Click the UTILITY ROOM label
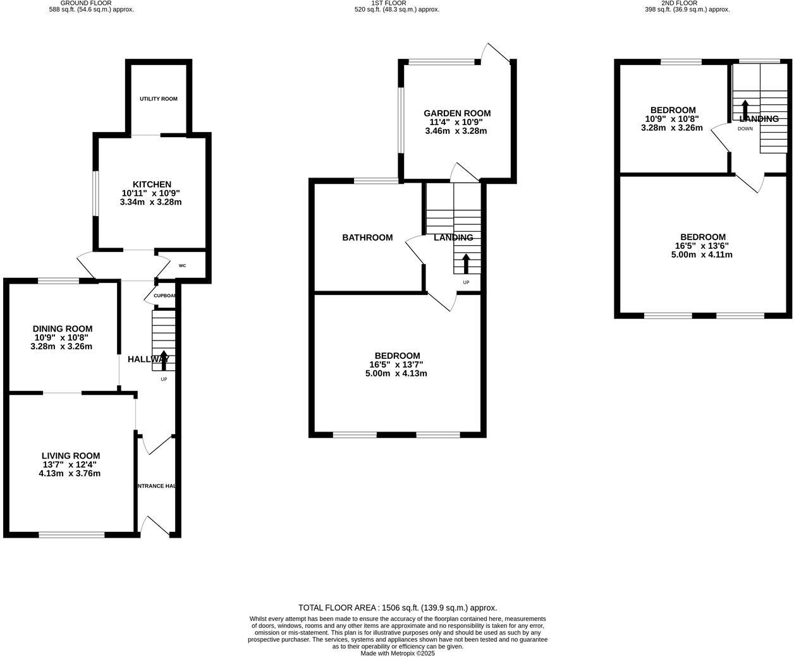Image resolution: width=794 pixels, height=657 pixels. pyautogui.click(x=159, y=99)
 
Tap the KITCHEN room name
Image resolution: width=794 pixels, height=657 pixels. pyautogui.click(x=152, y=184)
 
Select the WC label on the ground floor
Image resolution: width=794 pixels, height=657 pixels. pyautogui.click(x=182, y=266)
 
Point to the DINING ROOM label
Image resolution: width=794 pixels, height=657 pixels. pyautogui.click(x=63, y=328)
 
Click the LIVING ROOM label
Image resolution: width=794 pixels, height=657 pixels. pyautogui.click(x=71, y=455)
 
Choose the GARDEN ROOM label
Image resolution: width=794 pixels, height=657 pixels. pyautogui.click(x=457, y=114)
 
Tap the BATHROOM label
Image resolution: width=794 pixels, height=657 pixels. pyautogui.click(x=367, y=238)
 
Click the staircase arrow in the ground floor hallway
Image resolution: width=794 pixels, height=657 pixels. pyautogui.click(x=164, y=359)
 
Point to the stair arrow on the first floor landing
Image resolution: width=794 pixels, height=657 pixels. pyautogui.click(x=467, y=263)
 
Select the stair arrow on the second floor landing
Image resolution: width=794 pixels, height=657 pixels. pyautogui.click(x=745, y=109)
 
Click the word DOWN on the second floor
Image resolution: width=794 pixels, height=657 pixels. pyautogui.click(x=745, y=129)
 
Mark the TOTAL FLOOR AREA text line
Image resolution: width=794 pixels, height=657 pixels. pyautogui.click(x=398, y=608)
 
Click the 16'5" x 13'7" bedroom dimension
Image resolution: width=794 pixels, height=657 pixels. pyautogui.click(x=396, y=365)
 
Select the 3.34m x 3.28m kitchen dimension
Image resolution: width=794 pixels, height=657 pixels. pyautogui.click(x=150, y=202)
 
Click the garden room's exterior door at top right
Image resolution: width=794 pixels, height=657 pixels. pyautogui.click(x=495, y=53)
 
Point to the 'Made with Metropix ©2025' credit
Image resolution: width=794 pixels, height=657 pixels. pyautogui.click(x=398, y=653)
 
